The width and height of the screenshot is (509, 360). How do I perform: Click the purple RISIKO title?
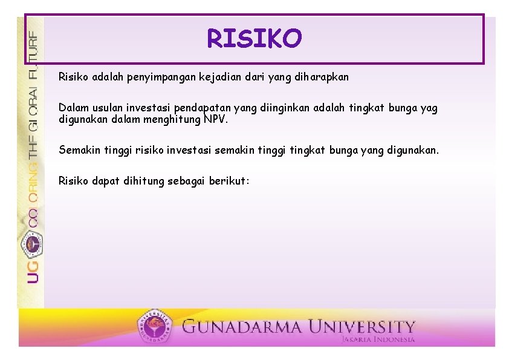[x=254, y=38]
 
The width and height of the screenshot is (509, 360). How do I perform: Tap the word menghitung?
[x=172, y=119]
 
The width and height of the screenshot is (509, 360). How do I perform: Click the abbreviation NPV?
[x=216, y=119]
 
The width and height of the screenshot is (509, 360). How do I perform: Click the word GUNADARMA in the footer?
[x=241, y=327]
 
